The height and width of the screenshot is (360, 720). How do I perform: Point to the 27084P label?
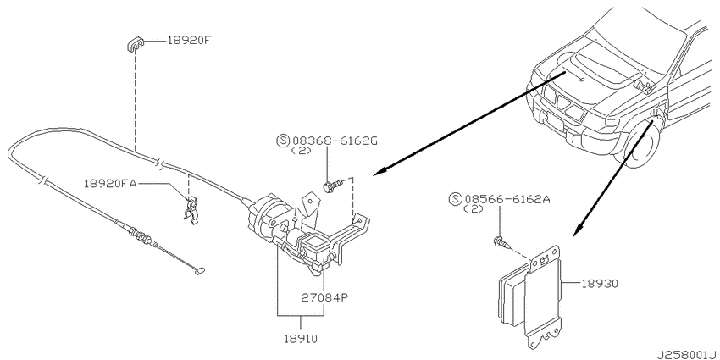coord(326,297)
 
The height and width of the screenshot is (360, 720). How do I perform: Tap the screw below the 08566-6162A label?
coord(501,243)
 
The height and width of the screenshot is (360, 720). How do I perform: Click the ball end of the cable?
coord(201,271)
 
